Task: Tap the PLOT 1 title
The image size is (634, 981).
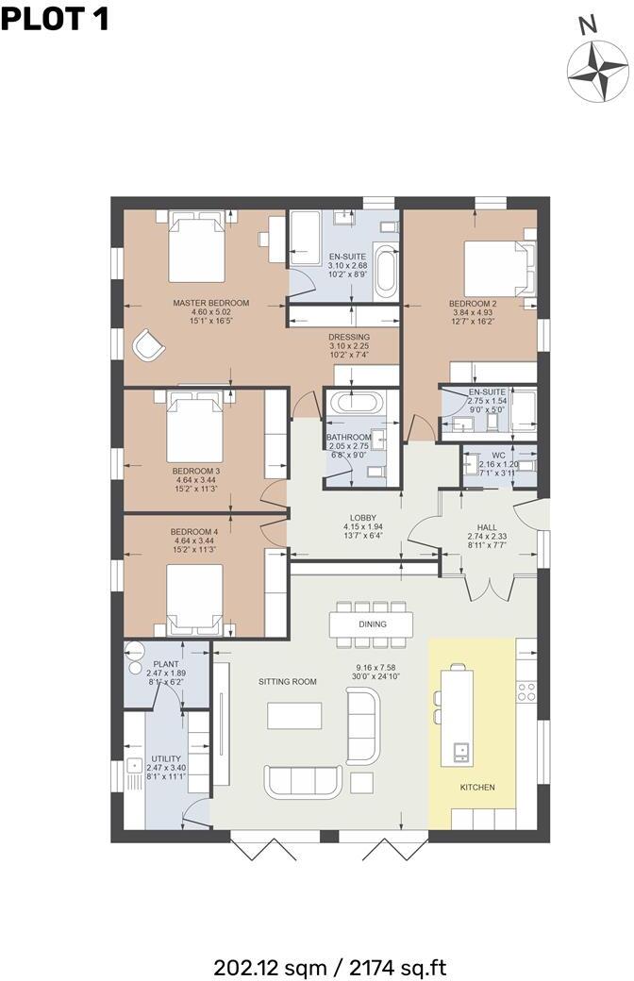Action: coord(55,18)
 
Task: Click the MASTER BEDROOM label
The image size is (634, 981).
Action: coord(210,303)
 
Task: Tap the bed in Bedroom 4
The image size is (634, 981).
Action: coord(195,598)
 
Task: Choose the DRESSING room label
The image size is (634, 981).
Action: coord(349,337)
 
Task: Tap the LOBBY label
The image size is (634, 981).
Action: coord(363,518)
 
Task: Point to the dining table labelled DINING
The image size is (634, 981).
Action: coord(372,624)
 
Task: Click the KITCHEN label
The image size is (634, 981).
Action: coord(476,787)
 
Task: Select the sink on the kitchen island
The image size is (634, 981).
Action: coord(461,752)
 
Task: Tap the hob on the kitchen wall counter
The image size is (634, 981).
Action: coord(527,691)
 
